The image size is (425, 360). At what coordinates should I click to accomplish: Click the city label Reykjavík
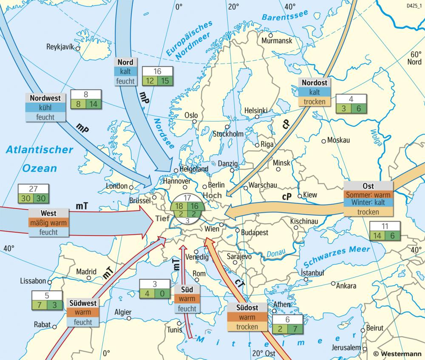60,46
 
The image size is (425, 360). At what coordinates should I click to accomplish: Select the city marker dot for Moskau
323,141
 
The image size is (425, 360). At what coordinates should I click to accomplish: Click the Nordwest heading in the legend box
45,98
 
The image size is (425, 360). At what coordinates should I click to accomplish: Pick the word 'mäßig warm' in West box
48,222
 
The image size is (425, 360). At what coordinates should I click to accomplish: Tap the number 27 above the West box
34,189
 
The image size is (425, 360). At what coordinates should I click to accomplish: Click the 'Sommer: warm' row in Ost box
368,195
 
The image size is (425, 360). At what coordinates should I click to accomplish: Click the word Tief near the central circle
163,219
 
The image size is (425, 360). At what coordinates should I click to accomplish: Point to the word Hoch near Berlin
212,195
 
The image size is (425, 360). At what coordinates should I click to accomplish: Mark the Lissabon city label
34,281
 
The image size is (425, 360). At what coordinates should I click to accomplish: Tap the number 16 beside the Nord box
157,71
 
